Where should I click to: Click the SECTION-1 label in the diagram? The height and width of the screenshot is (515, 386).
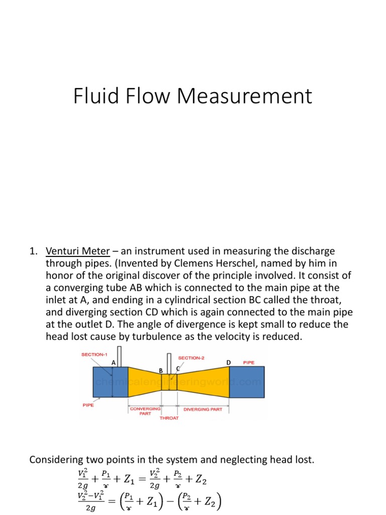95,354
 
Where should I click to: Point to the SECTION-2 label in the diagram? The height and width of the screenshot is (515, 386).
191,358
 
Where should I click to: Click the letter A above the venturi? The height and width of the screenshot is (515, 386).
114,362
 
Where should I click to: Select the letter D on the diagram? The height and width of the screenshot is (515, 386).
228,362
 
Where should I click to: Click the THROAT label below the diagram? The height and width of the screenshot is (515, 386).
169,418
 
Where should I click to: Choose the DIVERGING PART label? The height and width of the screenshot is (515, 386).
203,409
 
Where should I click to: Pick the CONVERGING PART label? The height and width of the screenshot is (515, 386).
145,411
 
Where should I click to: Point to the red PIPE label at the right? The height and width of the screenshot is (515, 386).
249,362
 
